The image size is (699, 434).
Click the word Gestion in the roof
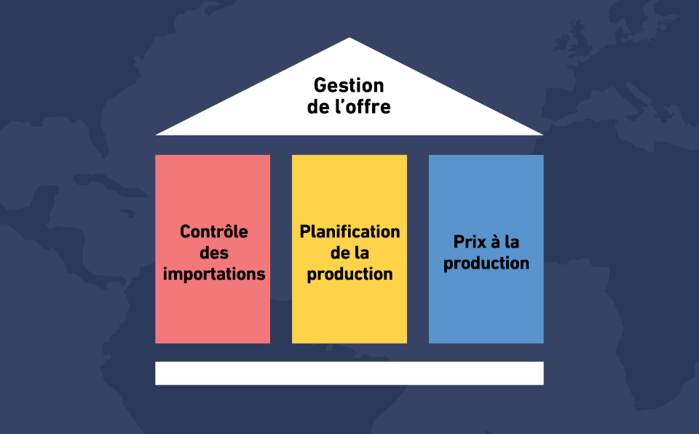click(x=349, y=85)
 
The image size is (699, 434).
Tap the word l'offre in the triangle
click(x=363, y=106)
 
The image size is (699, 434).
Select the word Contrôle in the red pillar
click(x=214, y=231)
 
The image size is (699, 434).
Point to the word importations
click(x=214, y=274)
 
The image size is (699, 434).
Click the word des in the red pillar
click(x=214, y=253)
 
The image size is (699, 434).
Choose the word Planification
click(x=350, y=232)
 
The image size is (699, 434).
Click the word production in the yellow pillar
click(x=350, y=274)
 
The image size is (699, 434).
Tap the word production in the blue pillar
click(x=486, y=263)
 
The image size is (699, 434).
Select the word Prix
click(x=470, y=242)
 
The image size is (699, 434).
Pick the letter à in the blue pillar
click(x=496, y=242)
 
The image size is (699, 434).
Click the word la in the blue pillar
click(x=512, y=242)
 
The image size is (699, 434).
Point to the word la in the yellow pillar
click(x=362, y=253)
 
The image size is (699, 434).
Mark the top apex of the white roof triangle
click(x=349, y=38)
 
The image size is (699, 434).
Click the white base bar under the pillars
click(x=349, y=374)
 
